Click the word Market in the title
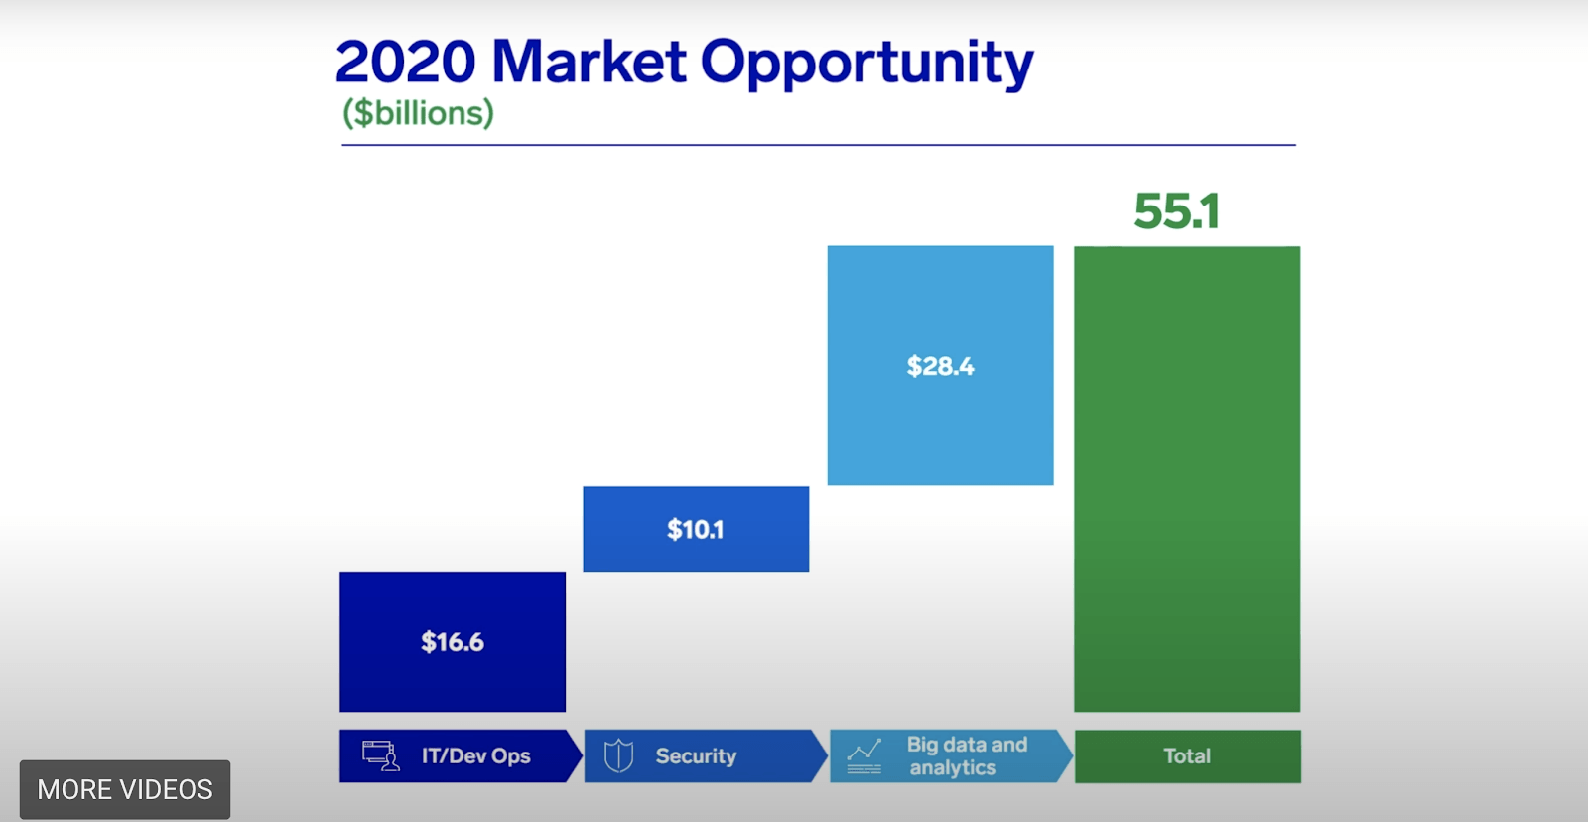589,62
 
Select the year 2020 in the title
406,62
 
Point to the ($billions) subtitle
418,113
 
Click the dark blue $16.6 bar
453,641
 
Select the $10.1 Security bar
696,529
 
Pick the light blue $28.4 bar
940,366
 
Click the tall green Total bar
1187,479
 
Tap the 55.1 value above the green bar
1177,211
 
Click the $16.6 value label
453,642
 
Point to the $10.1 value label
696,530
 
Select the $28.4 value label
940,366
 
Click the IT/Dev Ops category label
475,756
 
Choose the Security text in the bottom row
696,756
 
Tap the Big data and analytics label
967,756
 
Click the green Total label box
1187,756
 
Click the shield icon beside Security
618,755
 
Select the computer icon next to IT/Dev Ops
381,756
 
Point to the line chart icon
864,756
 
